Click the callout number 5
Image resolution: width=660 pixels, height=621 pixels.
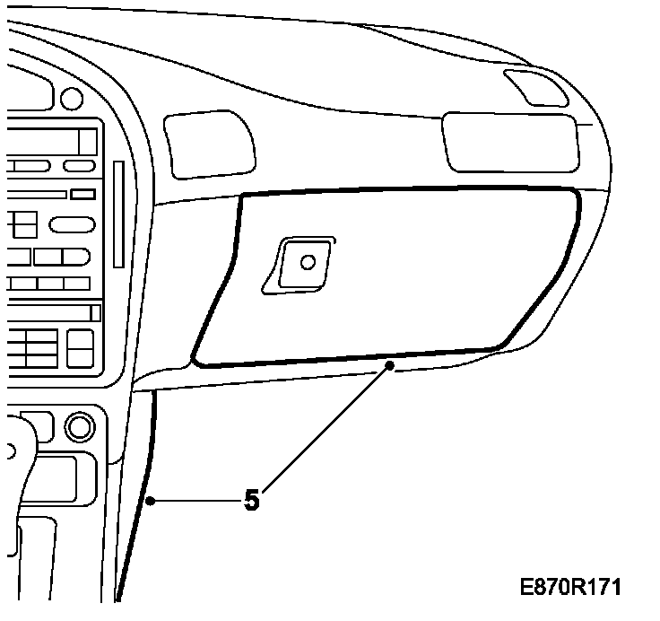[x=252, y=500]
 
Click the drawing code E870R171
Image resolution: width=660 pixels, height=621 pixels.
[x=571, y=587]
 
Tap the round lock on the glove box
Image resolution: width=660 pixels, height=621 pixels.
[x=308, y=262]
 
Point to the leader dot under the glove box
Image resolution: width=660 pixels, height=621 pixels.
[x=390, y=366]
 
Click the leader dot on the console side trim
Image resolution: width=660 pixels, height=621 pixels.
[x=152, y=499]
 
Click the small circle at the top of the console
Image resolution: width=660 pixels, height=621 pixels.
[x=70, y=96]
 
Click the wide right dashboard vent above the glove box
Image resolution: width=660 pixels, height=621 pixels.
[x=508, y=142]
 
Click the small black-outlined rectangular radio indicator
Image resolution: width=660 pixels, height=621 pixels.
[x=83, y=194]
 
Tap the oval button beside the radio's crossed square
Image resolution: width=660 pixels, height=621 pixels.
[x=73, y=224]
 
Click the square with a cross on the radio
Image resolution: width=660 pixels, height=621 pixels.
[x=23, y=223]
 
